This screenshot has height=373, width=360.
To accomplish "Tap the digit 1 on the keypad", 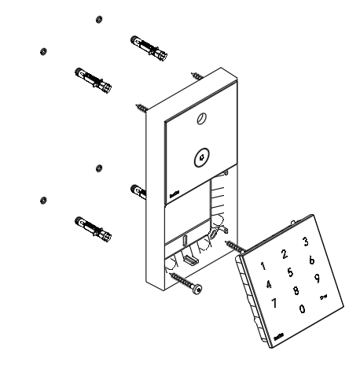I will point(263,267).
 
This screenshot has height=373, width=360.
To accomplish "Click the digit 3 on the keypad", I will point(305,241).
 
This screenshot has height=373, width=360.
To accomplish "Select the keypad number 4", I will point(269,284).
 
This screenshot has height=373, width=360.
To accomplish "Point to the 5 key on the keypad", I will point(290,272).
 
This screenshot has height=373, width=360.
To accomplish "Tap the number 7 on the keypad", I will point(275,302).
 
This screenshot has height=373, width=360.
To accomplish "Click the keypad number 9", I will point(317,278).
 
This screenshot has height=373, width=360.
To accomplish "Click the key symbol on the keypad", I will point(322,297).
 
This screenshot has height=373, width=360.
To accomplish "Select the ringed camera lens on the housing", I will point(202,156).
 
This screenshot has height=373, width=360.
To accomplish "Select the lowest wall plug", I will point(90,227).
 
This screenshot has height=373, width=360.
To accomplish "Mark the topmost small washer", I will point(97,17).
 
